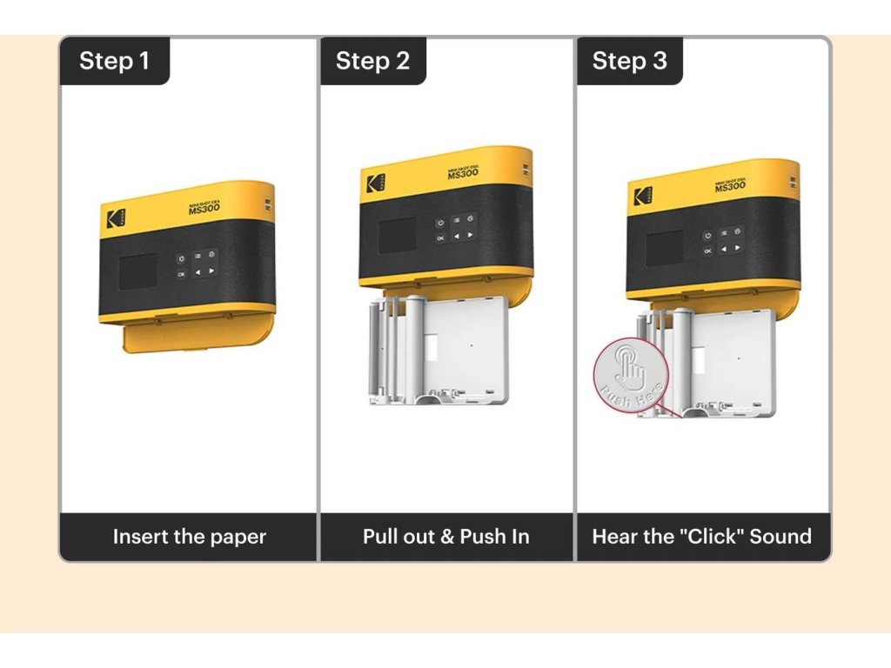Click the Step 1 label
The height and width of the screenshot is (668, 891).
(114, 61)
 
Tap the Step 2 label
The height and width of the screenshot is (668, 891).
(372, 61)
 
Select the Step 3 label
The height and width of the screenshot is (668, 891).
(629, 61)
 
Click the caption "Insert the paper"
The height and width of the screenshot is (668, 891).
(189, 537)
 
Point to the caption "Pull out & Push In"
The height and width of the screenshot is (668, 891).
(445, 537)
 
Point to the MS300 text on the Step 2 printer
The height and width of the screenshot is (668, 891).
(463, 172)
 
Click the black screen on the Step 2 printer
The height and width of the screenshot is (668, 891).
(397, 234)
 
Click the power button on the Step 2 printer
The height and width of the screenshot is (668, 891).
(440, 223)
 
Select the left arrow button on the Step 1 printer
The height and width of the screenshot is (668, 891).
(198, 272)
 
